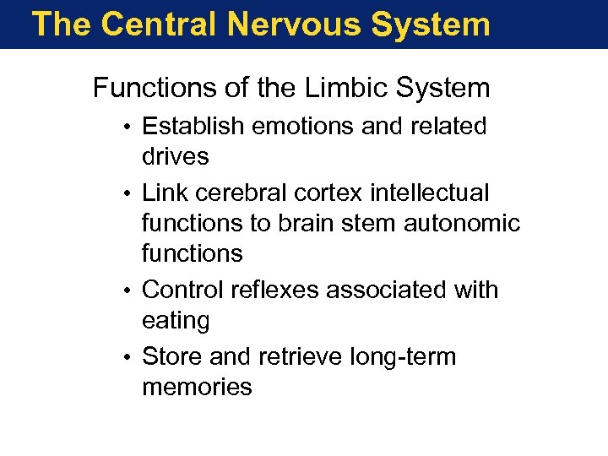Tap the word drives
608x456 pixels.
176,156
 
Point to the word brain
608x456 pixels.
315,223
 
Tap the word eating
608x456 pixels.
176,321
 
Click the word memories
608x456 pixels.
197,387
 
